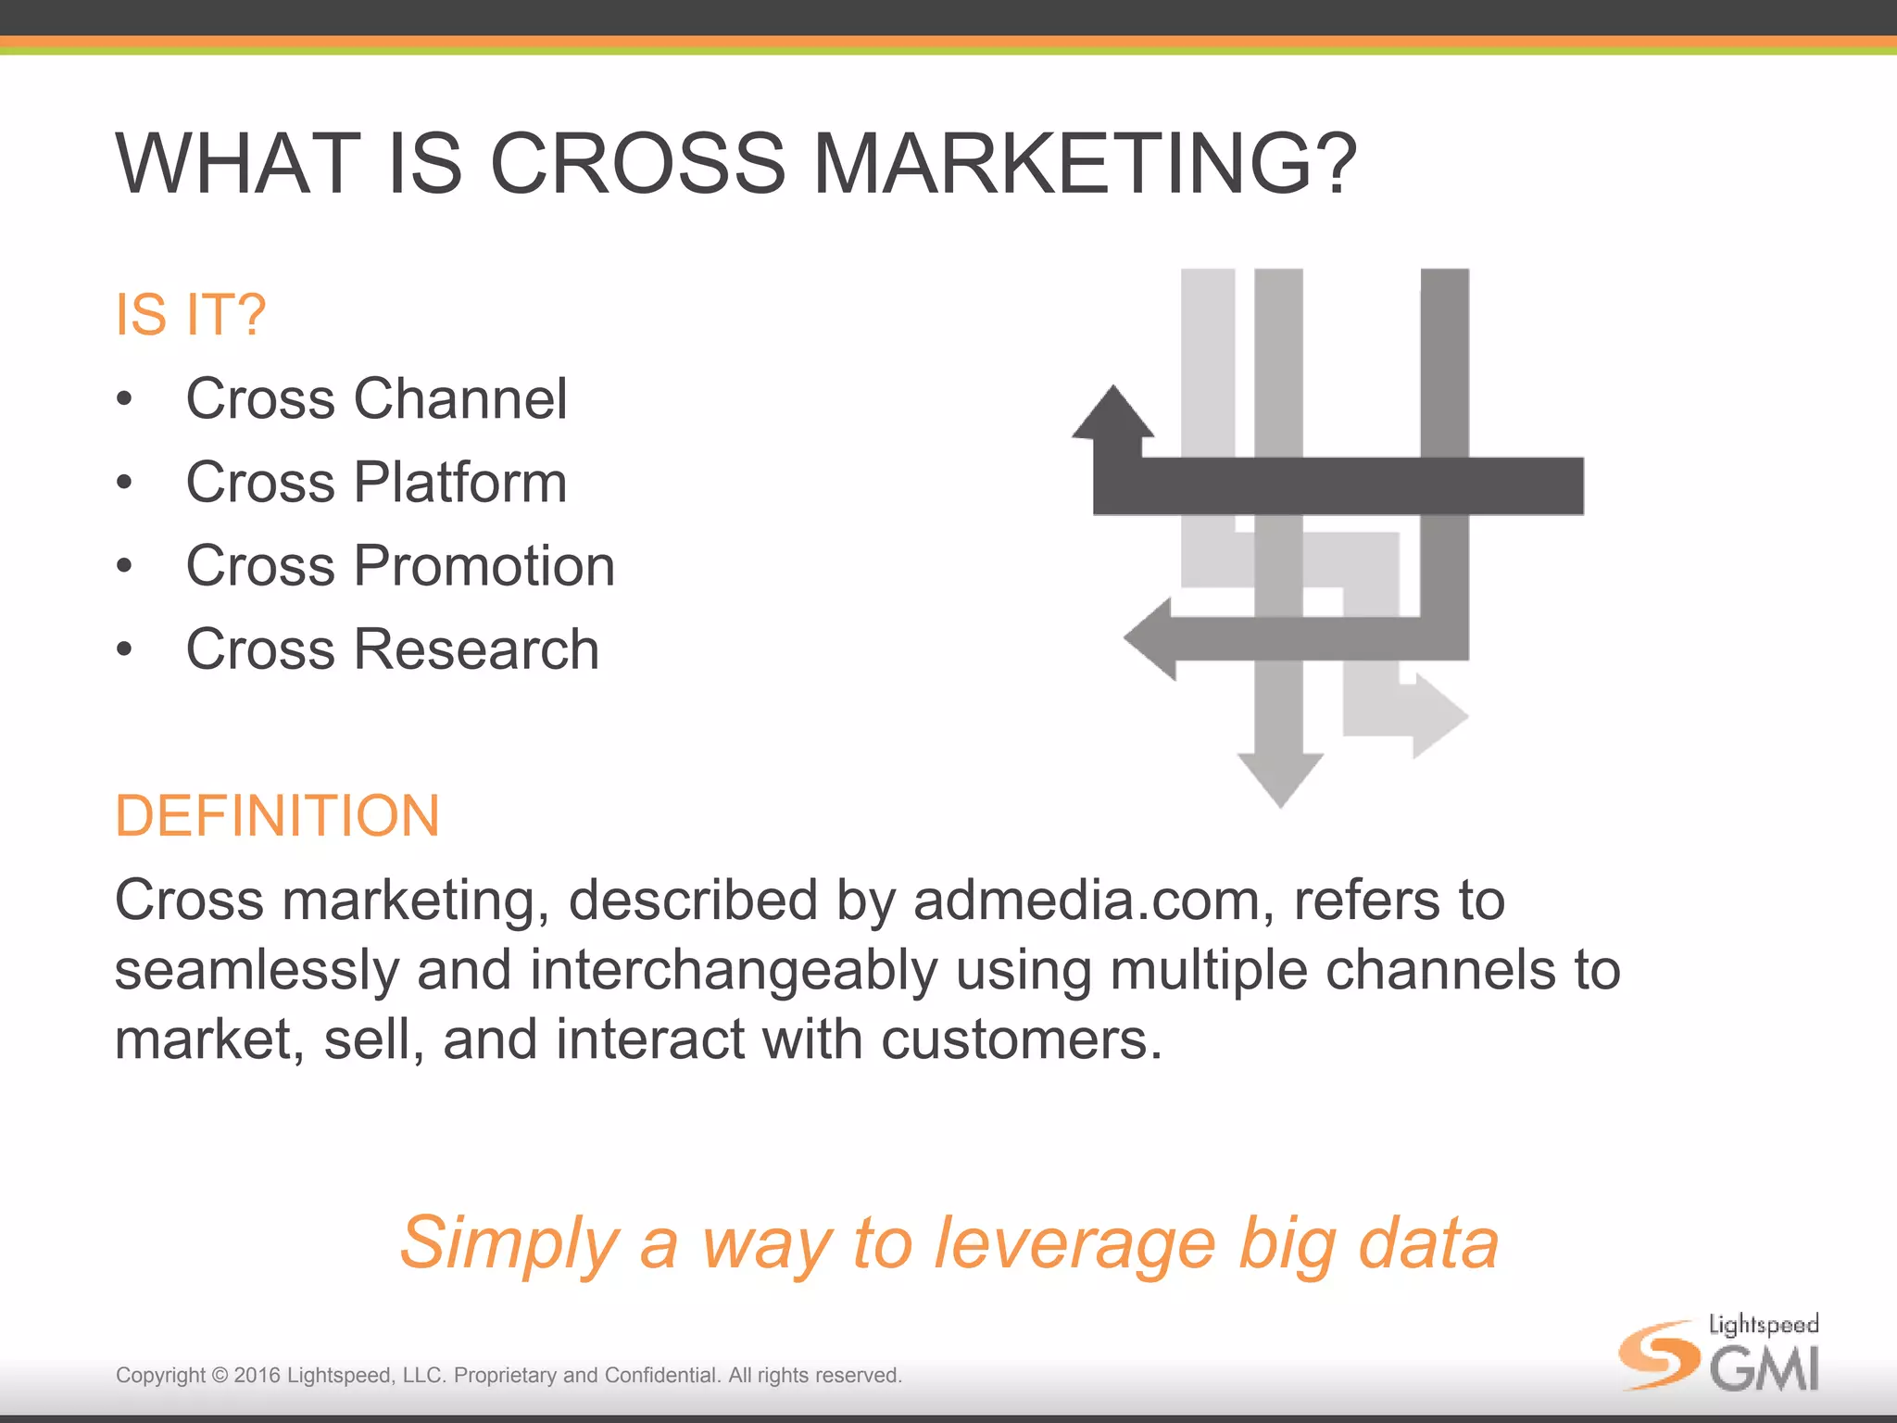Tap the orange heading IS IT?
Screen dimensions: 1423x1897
(191, 315)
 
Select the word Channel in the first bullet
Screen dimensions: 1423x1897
(460, 399)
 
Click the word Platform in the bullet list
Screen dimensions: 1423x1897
(460, 483)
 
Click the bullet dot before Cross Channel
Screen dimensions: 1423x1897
(125, 400)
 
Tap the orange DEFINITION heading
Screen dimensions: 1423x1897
(277, 816)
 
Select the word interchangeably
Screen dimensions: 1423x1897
(734, 970)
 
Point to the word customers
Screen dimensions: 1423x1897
(1021, 1039)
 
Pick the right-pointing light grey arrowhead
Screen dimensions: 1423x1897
(1438, 716)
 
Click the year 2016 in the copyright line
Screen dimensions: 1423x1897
(257, 1376)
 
